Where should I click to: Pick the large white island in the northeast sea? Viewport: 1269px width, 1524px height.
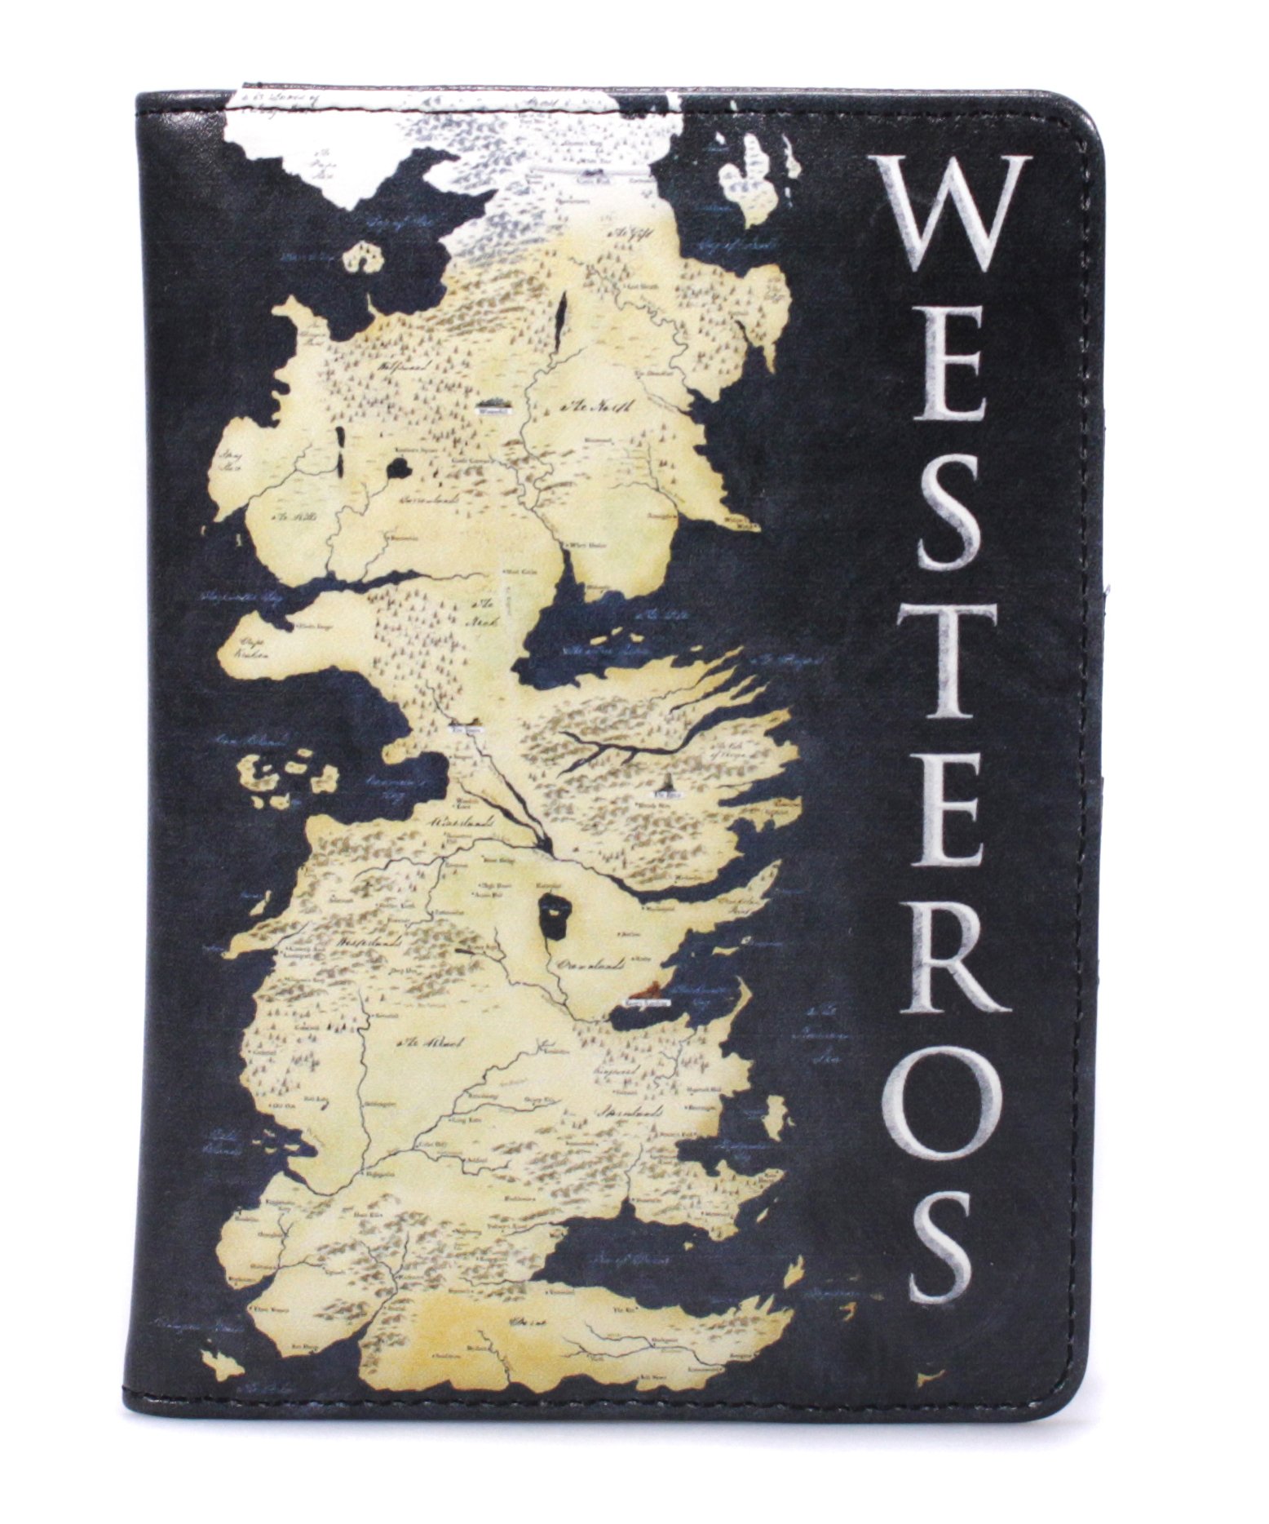point(758,184)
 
